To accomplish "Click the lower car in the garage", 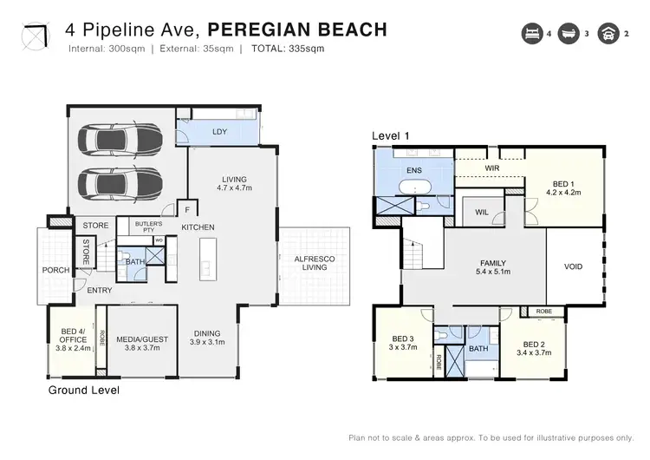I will click(x=122, y=183).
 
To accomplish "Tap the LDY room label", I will click(x=219, y=132).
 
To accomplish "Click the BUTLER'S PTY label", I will click(x=148, y=227).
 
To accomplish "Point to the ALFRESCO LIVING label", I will click(x=314, y=262).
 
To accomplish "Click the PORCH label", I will click(x=56, y=270).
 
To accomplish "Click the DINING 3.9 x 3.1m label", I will click(x=207, y=338).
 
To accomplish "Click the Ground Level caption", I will click(x=83, y=391).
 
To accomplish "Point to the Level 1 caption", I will click(x=390, y=135).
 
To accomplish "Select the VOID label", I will click(x=573, y=266).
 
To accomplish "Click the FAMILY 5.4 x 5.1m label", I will click(x=492, y=267).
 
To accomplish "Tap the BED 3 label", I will click(x=404, y=343).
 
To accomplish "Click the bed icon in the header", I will click(x=531, y=34).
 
